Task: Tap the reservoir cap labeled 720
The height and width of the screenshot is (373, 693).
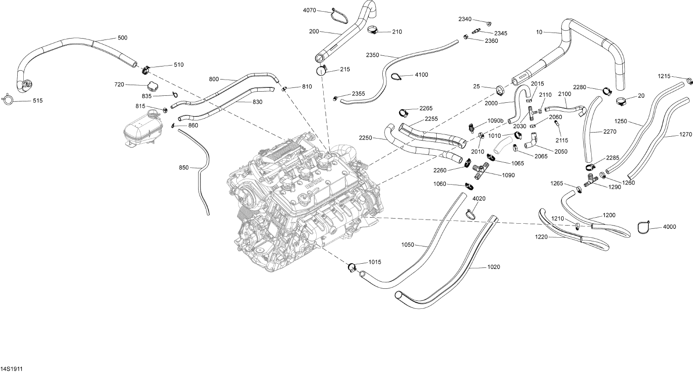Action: click(x=153, y=87)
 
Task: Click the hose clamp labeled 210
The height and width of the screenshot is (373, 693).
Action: click(x=373, y=31)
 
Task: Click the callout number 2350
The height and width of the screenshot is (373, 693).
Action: click(x=373, y=55)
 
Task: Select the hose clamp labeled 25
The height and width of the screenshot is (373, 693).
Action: click(x=500, y=89)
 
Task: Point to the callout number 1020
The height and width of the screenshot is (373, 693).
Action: click(x=493, y=267)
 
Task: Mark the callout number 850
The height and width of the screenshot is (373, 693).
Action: click(x=184, y=167)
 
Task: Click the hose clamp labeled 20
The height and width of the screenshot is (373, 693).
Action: click(x=622, y=100)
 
